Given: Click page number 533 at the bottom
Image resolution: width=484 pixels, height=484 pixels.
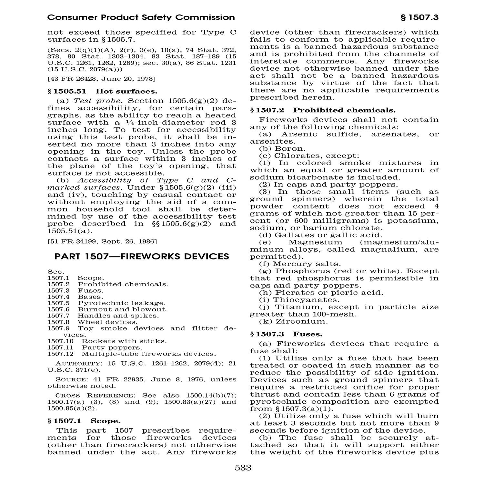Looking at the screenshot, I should coord(243,468).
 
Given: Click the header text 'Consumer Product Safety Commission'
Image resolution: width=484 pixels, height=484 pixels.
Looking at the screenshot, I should coord(141,17).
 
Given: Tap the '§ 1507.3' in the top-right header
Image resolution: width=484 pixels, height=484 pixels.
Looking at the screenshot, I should coord(419,17).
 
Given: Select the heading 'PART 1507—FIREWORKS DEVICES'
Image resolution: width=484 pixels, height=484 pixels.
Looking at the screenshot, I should coord(142,257).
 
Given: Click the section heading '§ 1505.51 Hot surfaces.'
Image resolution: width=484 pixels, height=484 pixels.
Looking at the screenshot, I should coord(102,91).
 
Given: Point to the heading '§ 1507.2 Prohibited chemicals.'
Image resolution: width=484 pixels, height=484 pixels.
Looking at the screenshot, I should coord(323,110).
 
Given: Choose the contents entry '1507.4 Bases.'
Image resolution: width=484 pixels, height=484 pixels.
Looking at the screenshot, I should coord(75,297).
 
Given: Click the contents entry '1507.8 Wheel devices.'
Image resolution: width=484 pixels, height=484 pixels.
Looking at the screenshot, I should coord(92,322).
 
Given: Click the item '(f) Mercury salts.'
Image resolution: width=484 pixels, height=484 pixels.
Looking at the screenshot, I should coord(300,264).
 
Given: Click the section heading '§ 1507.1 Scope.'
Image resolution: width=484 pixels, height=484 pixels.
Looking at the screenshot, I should coord(84,421).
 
